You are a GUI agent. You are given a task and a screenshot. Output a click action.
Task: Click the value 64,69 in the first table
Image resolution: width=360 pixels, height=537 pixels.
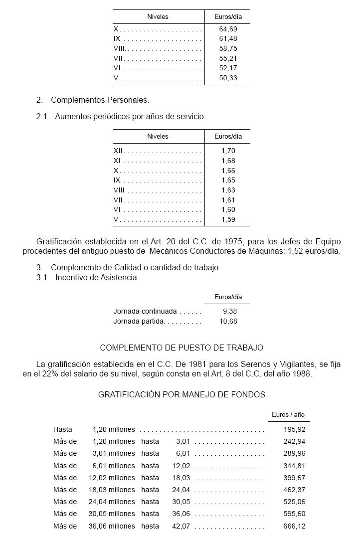[x=228, y=29]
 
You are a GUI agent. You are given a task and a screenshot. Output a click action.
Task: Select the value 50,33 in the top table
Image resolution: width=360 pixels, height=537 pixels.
[x=228, y=78]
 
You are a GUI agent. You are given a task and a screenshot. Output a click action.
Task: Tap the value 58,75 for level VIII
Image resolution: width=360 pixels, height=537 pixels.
[x=228, y=49]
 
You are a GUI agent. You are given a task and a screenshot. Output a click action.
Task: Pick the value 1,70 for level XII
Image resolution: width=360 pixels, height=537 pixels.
[x=228, y=151]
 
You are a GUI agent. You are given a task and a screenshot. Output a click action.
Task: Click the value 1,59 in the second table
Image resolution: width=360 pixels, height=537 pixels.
[x=228, y=219]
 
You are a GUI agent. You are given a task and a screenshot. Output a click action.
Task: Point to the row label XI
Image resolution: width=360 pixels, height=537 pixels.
[x=117, y=161]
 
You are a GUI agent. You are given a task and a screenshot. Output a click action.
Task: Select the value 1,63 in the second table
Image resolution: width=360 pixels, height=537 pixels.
[x=228, y=190]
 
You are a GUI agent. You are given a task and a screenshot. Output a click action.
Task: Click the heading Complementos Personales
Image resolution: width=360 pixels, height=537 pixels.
[x=100, y=100]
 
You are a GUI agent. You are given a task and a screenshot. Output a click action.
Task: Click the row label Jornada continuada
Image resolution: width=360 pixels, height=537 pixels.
[x=145, y=311]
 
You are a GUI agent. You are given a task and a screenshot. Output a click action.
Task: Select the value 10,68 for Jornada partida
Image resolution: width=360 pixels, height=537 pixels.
[x=228, y=321]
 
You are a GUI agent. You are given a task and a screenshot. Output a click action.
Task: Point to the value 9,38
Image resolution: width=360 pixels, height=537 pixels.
[x=230, y=311]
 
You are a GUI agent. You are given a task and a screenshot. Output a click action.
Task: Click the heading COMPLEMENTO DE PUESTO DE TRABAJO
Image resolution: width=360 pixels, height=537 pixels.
[x=181, y=348]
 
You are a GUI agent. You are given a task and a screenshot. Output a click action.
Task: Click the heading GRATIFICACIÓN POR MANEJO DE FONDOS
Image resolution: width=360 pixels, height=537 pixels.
[x=181, y=394]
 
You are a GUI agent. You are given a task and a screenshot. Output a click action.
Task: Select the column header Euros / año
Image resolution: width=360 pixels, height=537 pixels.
[x=288, y=415]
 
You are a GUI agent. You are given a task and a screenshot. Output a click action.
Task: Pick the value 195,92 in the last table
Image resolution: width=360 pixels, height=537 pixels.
[x=294, y=429]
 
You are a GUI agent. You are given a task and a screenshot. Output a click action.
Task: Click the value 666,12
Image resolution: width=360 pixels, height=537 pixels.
[x=294, y=526]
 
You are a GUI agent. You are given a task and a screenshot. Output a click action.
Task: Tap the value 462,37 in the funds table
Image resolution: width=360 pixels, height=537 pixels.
[x=294, y=490]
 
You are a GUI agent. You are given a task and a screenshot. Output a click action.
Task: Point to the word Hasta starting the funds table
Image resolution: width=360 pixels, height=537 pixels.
[x=63, y=429]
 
